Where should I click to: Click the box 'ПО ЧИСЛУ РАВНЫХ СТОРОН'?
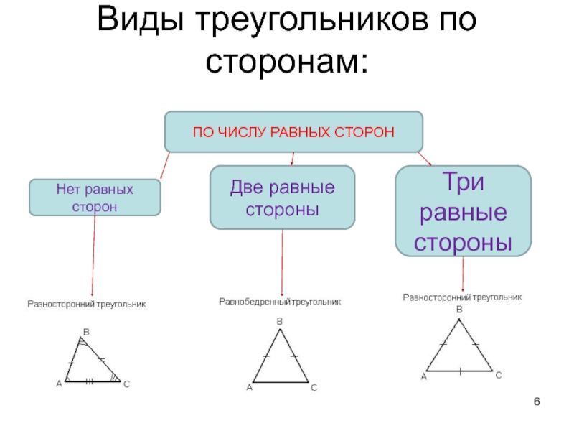click(294, 131)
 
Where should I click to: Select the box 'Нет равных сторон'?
click(94, 198)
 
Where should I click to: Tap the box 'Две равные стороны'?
click(282, 198)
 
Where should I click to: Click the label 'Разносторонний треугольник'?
click(87, 305)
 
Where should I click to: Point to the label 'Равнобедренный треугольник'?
click(280, 302)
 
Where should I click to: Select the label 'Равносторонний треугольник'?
click(462, 296)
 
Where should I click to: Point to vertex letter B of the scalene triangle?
click(86, 332)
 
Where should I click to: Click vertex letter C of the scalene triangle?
click(126, 385)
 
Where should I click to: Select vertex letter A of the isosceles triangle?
click(249, 389)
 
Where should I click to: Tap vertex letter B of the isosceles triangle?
click(280, 321)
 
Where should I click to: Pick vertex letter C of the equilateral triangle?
click(498, 376)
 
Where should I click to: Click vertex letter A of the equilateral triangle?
click(423, 376)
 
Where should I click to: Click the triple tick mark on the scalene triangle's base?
click(90, 381)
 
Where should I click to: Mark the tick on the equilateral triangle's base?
click(460, 371)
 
